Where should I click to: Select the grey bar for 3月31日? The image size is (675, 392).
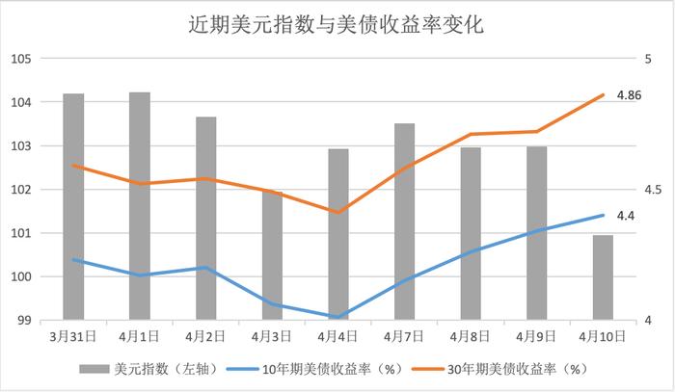pyautogui.click(x=73, y=206)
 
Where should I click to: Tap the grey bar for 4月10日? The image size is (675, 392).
pyautogui.click(x=603, y=276)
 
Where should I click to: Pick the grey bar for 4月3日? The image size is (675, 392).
pyautogui.click(x=272, y=254)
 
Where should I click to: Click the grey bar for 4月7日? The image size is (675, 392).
pyautogui.click(x=404, y=221)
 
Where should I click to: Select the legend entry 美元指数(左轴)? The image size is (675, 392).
pyautogui.click(x=155, y=368)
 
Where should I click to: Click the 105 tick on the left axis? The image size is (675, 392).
pyautogui.click(x=21, y=59)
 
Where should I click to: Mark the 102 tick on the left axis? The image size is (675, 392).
pyautogui.click(x=21, y=190)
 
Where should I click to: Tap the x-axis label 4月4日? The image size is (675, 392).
pyautogui.click(x=337, y=336)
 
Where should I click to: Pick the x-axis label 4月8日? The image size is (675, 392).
pyautogui.click(x=470, y=336)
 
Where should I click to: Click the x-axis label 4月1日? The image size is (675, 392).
pyautogui.click(x=139, y=336)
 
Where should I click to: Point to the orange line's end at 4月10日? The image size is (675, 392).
pyautogui.click(x=603, y=95)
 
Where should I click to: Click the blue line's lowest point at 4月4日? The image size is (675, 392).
pyautogui.click(x=337, y=316)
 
